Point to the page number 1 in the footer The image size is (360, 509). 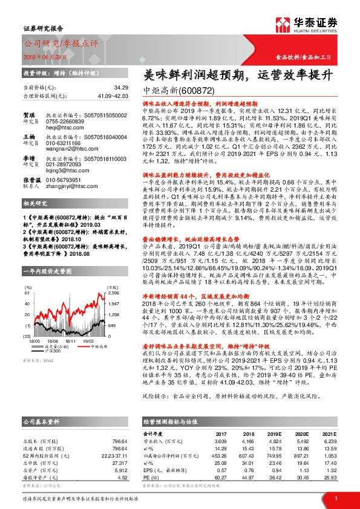tap(335, 499)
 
